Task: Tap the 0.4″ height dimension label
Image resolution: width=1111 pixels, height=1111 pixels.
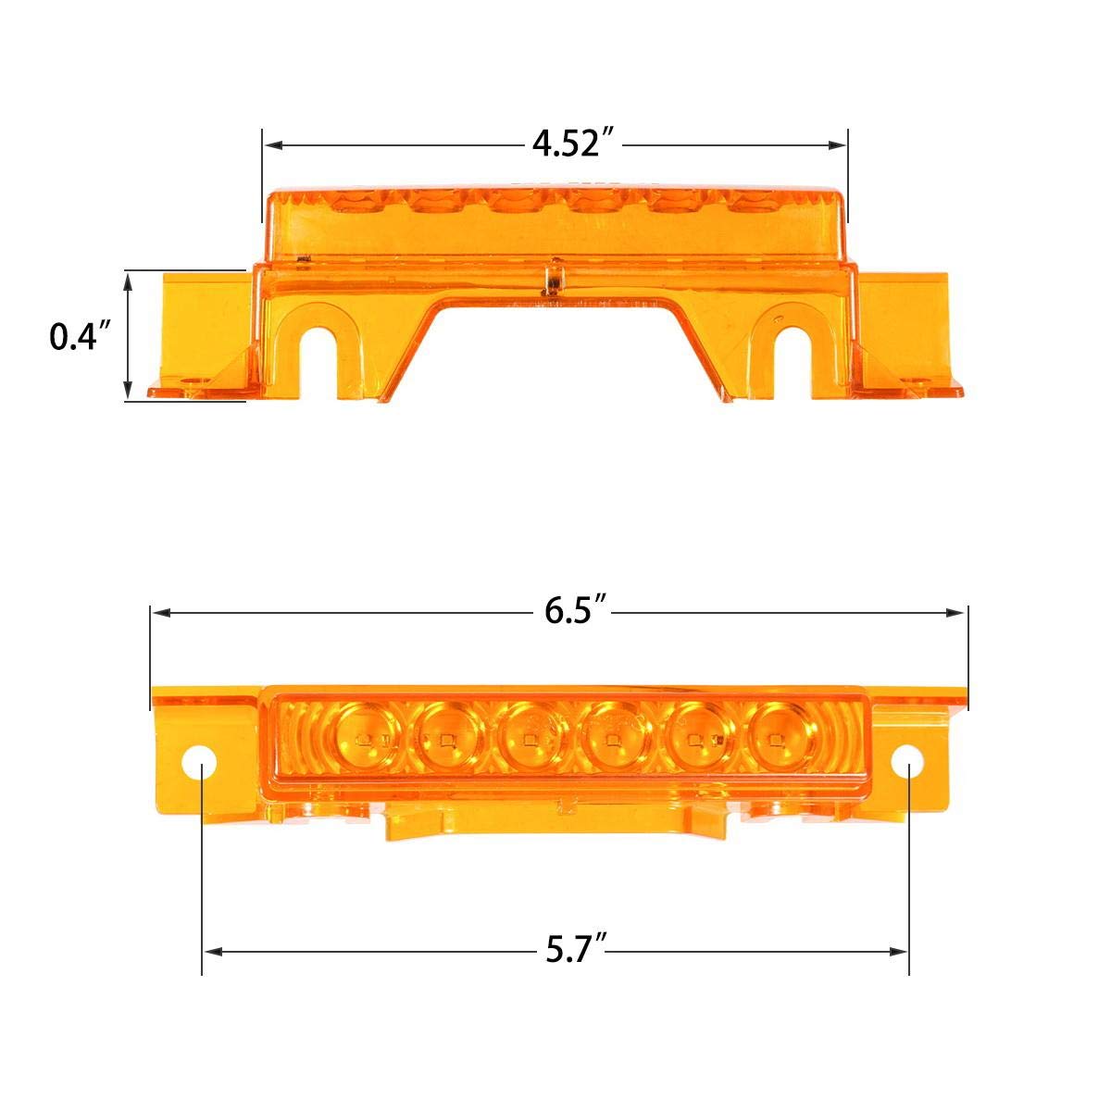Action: pyautogui.click(x=80, y=337)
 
